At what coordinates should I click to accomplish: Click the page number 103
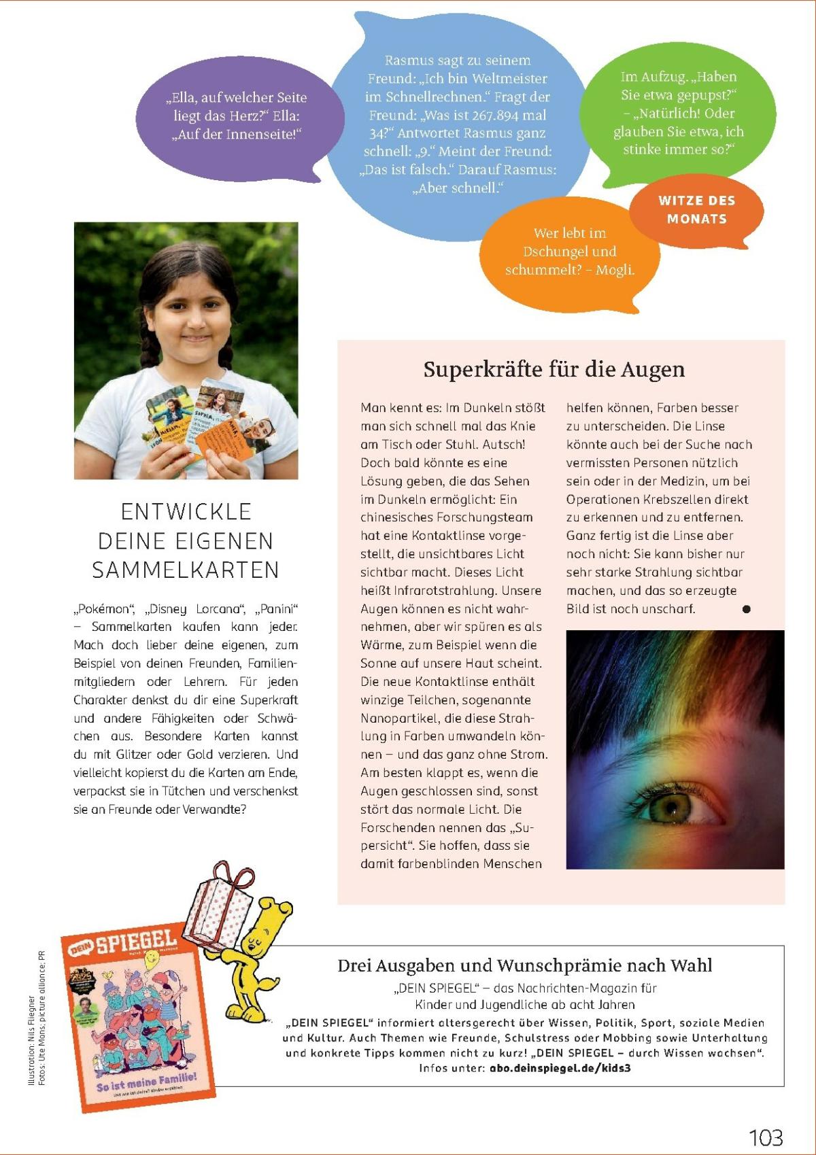[765, 1137]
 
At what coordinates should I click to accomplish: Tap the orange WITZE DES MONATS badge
[696, 210]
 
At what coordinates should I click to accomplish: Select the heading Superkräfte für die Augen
[554, 370]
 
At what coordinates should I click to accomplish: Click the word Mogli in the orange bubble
[614, 270]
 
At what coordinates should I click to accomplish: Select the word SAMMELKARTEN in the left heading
[186, 570]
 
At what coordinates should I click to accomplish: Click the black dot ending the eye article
[746, 609]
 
